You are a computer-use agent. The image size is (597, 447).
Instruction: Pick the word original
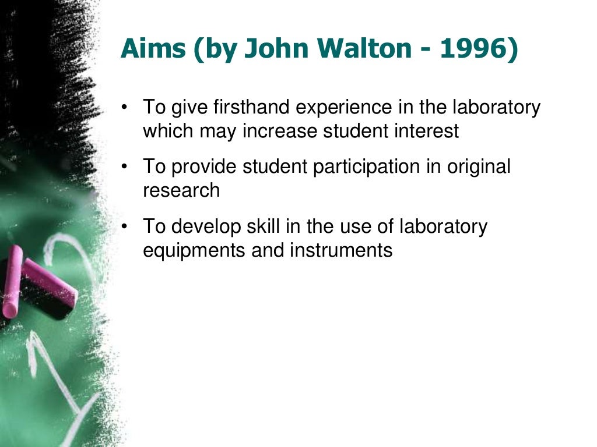(x=479, y=167)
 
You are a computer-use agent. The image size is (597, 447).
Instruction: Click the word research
(x=181, y=190)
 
